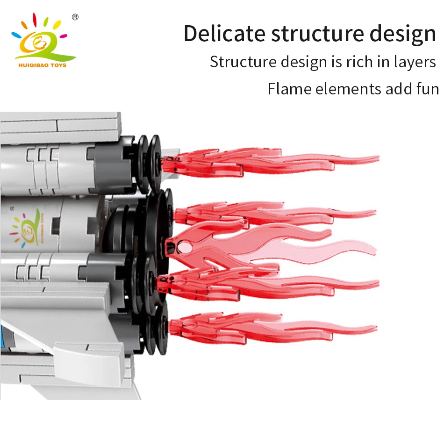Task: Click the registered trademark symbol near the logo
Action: [x=75, y=17]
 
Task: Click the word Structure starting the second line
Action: [x=242, y=62]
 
